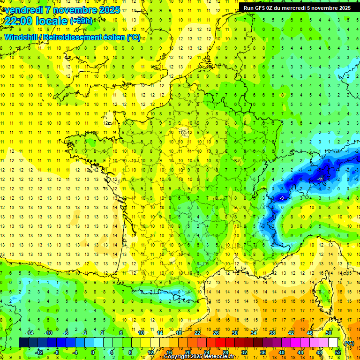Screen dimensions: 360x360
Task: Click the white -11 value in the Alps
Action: coord(320,179)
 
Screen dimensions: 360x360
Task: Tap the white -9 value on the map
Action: coord(281,198)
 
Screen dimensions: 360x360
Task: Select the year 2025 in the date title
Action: coord(109,10)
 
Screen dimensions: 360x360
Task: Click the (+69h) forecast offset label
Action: coord(81,21)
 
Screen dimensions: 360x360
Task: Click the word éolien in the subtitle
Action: coord(112,37)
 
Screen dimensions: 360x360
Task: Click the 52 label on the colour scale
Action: coord(338,352)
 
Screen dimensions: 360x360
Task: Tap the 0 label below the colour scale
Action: coord(92,352)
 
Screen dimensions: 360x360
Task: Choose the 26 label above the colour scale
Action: coord(216,333)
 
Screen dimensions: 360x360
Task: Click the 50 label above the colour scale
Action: coord(329,333)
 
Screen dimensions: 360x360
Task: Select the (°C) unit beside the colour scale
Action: coord(349,343)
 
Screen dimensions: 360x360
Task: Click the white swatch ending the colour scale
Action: coord(333,343)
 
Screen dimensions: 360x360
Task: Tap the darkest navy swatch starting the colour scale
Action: coord(23,343)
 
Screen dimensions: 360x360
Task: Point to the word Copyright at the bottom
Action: coord(178,357)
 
